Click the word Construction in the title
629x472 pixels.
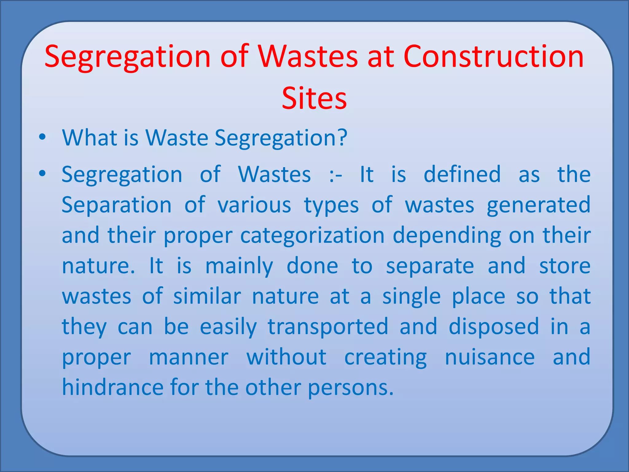[493, 57]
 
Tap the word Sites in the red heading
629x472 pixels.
[314, 98]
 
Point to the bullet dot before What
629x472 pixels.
[42, 137]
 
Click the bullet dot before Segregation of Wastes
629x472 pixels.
[42, 174]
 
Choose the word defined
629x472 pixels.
[462, 174]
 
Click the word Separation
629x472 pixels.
[116, 205]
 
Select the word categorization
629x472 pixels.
[312, 236]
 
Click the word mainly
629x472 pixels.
[239, 266]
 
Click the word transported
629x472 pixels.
[328, 327]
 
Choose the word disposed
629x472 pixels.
[494, 327]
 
